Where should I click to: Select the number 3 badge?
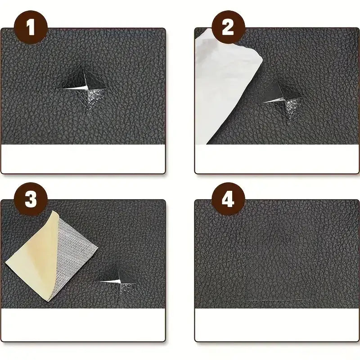pyautogui.click(x=30, y=200)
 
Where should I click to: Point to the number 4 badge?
pyautogui.click(x=228, y=200)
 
